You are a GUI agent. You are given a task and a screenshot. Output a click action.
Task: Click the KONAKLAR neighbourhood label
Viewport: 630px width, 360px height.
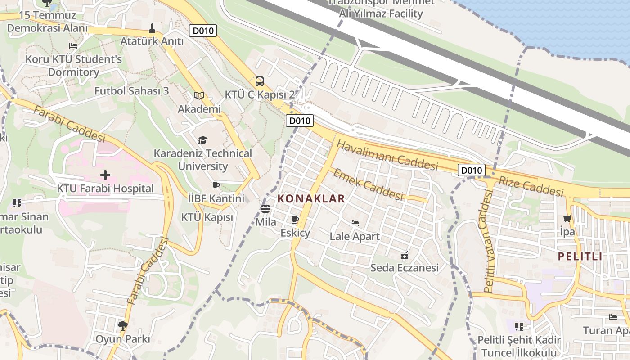pyautogui.click(x=311, y=198)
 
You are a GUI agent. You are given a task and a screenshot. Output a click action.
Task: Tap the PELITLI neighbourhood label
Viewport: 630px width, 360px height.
pyautogui.click(x=580, y=256)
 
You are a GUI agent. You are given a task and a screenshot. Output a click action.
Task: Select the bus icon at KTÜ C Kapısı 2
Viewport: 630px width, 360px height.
pyautogui.click(x=260, y=81)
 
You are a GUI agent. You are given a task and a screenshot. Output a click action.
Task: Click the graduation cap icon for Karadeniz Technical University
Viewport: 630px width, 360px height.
pyautogui.click(x=203, y=140)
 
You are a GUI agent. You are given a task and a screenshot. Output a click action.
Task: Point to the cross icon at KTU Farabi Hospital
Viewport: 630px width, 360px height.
pyautogui.click(x=105, y=175)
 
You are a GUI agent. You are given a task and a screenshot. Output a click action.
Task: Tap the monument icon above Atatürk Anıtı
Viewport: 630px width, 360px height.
pyautogui.click(x=152, y=28)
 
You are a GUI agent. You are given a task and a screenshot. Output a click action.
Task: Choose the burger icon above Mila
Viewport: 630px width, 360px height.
pyautogui.click(x=265, y=208)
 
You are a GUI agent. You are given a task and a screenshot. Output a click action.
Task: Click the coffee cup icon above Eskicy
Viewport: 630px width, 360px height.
pyautogui.click(x=295, y=220)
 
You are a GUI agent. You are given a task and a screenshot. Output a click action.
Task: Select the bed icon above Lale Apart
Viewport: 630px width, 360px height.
pyautogui.click(x=355, y=223)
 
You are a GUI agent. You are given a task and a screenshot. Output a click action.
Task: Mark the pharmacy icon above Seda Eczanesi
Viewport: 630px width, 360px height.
pyautogui.click(x=405, y=255)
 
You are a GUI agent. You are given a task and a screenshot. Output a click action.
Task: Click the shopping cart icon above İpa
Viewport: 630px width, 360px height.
pyautogui.click(x=567, y=219)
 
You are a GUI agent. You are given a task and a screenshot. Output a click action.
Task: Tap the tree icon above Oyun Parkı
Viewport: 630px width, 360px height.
pyautogui.click(x=122, y=325)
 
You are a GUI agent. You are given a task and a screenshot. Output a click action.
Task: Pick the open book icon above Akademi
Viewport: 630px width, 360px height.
pyautogui.click(x=199, y=95)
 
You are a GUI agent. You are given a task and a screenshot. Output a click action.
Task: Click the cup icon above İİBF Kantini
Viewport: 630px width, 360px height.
pyautogui.click(x=216, y=185)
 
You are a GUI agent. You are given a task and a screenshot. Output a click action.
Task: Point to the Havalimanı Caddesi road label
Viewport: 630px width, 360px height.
pyautogui.click(x=387, y=155)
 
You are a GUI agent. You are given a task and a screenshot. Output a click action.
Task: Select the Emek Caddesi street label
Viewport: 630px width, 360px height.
pyautogui.click(x=368, y=184)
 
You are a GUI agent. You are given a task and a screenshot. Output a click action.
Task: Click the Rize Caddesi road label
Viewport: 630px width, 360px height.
pyautogui.click(x=531, y=185)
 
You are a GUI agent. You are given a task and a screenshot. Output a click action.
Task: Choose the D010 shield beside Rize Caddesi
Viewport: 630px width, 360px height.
pyautogui.click(x=472, y=170)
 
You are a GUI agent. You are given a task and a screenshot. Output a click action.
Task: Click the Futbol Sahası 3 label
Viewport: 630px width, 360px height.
pyautogui.click(x=131, y=91)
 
